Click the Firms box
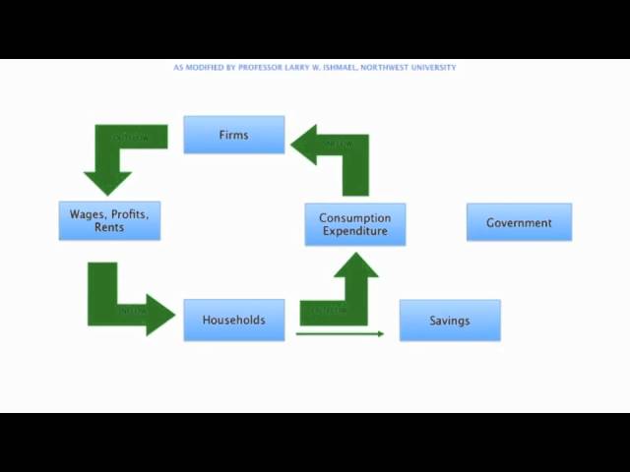click(233, 135)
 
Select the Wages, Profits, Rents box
click(109, 221)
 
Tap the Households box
click(233, 320)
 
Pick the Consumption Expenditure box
click(354, 224)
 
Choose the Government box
click(519, 222)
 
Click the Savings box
click(449, 321)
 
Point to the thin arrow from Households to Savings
click(340, 334)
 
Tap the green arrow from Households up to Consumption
click(345, 295)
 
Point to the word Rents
click(109, 228)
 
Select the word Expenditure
click(354, 231)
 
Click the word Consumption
click(354, 217)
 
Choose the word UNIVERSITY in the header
click(434, 68)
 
